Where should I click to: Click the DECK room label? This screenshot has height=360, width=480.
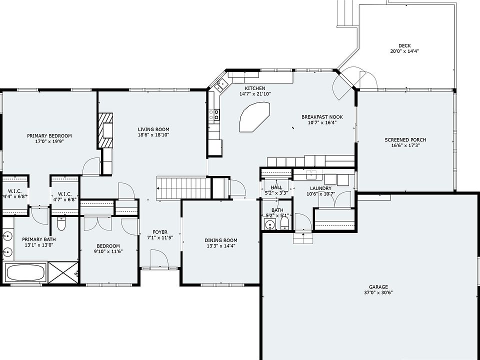[404, 46]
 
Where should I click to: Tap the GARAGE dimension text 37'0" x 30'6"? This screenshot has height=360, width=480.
[378, 292]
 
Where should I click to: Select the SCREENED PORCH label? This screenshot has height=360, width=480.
[405, 140]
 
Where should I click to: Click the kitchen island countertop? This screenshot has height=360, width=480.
[254, 117]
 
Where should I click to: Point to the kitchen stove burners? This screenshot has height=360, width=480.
[214, 115]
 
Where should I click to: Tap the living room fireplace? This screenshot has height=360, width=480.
[106, 130]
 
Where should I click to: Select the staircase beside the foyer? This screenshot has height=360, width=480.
[183, 187]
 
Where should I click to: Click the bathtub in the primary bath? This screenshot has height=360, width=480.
[25, 273]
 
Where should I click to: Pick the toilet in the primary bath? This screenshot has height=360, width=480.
[61, 224]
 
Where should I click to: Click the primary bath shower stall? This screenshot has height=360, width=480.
[63, 272]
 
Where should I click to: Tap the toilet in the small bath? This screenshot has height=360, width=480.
[284, 223]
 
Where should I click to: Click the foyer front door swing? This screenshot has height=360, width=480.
[159, 258]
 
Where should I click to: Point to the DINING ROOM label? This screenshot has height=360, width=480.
[220, 240]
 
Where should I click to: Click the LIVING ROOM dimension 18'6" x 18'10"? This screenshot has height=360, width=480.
[153, 134]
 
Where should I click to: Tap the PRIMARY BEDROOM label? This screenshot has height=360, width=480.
[49, 136]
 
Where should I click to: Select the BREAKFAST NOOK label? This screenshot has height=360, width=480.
[322, 117]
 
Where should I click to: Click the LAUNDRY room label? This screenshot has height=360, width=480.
[320, 188]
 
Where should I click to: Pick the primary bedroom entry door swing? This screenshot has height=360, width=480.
[91, 166]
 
